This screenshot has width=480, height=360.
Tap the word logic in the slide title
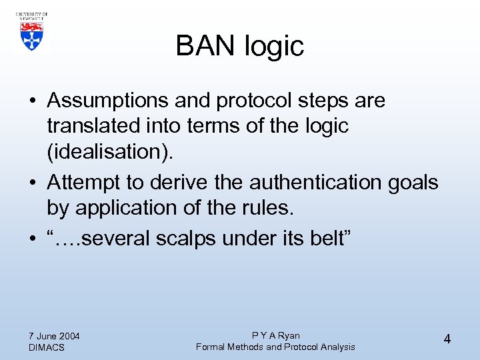pyautogui.click(x=275, y=47)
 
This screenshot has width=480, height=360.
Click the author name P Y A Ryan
pyautogui.click(x=275, y=335)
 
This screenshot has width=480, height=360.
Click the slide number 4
pyautogui.click(x=447, y=339)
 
